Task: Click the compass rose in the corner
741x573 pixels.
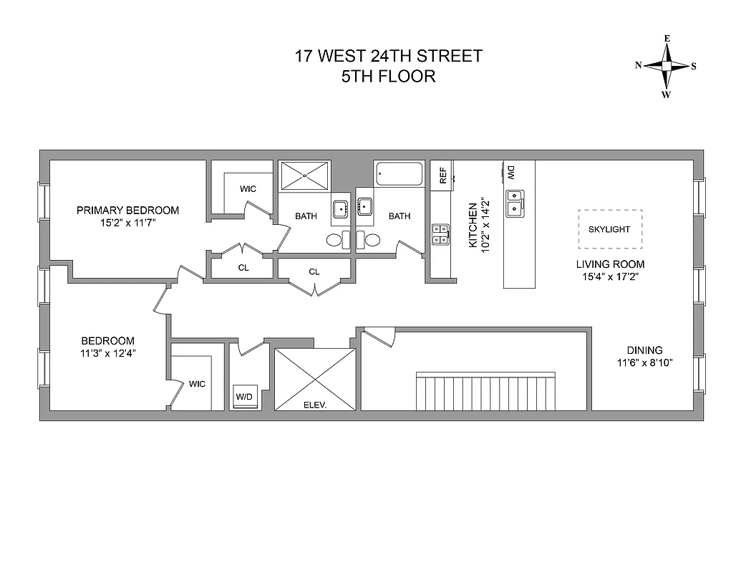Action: pos(666,66)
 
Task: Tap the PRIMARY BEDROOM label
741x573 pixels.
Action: pos(127,210)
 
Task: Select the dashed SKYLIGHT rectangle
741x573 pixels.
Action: pos(610,229)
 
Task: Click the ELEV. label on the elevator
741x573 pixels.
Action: pos(315,405)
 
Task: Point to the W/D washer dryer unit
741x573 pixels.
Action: pos(244,396)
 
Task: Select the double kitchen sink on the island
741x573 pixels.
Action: pos(513,203)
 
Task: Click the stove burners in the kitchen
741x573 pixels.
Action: pos(440,233)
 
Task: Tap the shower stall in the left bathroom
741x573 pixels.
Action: pos(305,175)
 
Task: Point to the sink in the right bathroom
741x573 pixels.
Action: pos(364,207)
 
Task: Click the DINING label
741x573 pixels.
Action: pos(644,350)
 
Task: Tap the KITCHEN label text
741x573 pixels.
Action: pos(473,226)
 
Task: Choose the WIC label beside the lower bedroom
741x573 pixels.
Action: pos(197,384)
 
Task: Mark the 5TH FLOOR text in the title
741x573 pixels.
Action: pos(389,76)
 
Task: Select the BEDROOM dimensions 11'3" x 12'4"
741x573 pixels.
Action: pos(107,352)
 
